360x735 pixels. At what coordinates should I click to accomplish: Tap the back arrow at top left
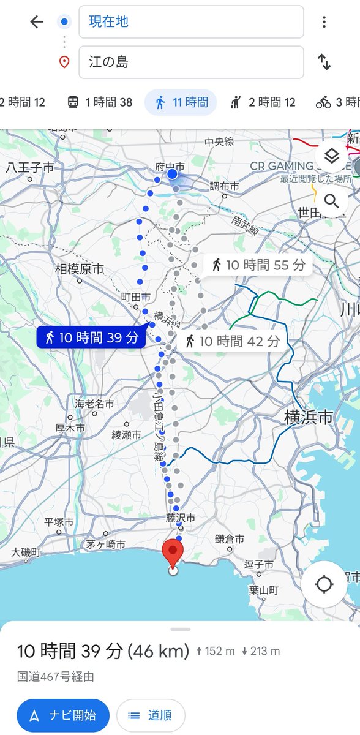[37, 22]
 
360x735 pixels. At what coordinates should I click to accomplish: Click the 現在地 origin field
[191, 22]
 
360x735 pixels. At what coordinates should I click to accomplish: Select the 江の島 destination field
[191, 62]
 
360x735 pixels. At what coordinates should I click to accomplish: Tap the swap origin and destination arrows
[324, 62]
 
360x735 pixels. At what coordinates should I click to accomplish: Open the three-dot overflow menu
[324, 22]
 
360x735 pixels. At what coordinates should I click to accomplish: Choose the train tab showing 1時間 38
[100, 102]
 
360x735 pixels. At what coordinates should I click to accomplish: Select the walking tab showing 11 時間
[181, 102]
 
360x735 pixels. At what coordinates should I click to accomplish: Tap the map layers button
[331, 157]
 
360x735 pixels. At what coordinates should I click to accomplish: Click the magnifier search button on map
[331, 201]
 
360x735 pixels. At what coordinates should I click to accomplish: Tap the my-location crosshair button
[324, 584]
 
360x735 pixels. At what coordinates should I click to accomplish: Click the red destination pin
[173, 553]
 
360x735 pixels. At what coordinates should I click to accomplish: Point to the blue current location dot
[173, 175]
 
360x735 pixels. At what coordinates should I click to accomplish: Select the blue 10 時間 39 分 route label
[92, 337]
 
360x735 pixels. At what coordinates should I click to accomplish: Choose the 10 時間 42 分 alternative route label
[233, 341]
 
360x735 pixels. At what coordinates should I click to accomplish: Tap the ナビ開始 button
[63, 715]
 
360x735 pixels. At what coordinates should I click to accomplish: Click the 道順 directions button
[151, 715]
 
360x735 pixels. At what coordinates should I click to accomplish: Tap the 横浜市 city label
[309, 418]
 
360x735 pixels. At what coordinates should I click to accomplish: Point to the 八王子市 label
[29, 167]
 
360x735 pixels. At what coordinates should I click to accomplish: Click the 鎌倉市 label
[230, 539]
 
